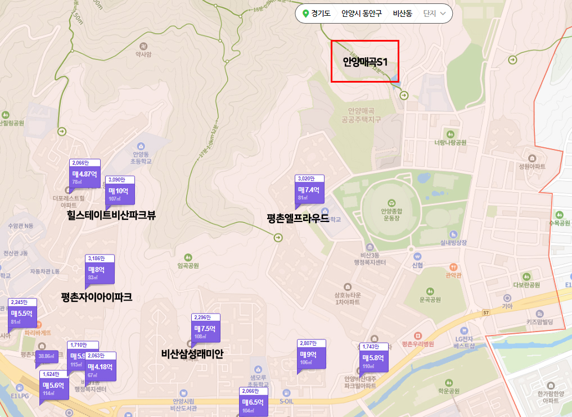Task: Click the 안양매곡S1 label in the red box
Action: click(x=365, y=62)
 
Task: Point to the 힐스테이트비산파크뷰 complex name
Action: click(x=111, y=215)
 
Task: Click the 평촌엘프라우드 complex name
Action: click(x=298, y=218)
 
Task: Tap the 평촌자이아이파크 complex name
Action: click(x=97, y=297)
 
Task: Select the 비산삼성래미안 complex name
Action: click(x=192, y=354)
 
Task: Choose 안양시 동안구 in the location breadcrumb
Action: click(x=361, y=13)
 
